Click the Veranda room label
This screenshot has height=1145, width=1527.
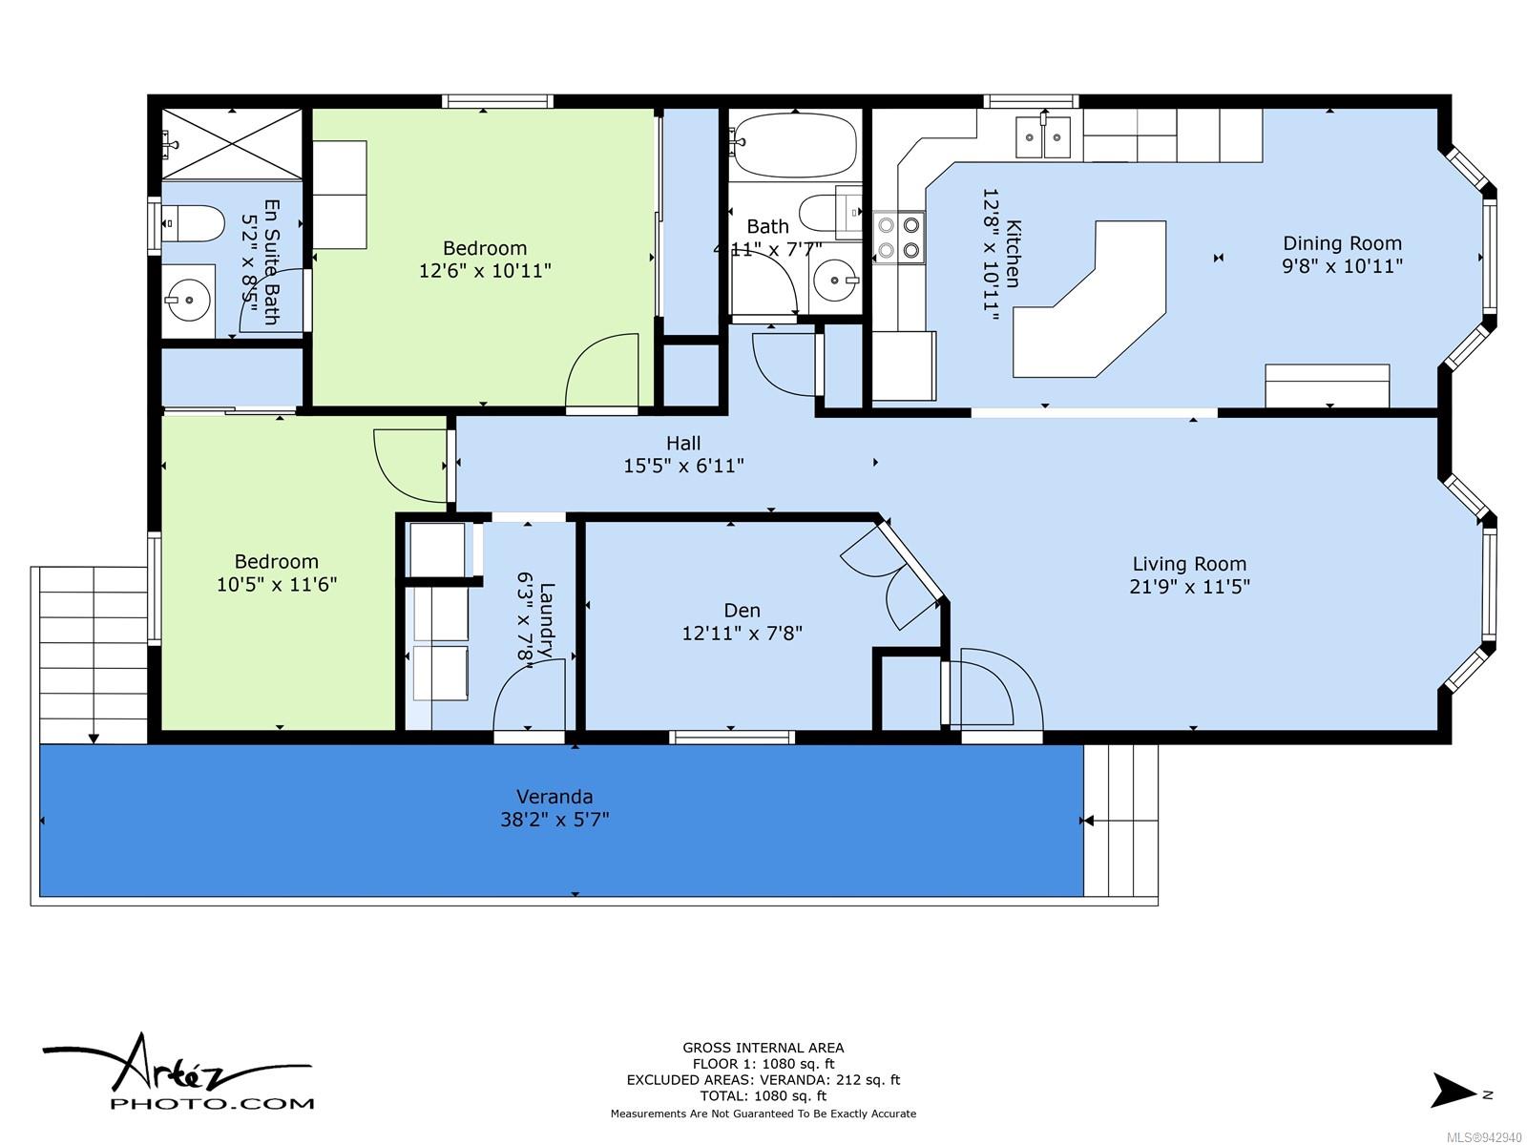(554, 796)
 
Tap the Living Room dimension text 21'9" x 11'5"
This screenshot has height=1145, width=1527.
(1189, 586)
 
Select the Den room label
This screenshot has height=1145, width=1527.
(742, 611)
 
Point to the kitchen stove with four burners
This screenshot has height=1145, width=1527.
(899, 237)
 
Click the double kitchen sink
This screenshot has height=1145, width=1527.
(1042, 137)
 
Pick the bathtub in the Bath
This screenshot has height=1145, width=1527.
(795, 145)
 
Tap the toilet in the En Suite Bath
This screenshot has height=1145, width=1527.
(194, 223)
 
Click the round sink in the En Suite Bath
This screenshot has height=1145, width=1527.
(189, 300)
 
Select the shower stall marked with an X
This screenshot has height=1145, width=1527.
(232, 144)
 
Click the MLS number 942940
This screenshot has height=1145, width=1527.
(1485, 1137)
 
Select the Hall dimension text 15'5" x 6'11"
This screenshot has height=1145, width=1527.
(683, 465)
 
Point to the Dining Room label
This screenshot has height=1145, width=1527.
(1342, 243)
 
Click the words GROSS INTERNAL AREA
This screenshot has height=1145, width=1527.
(763, 1048)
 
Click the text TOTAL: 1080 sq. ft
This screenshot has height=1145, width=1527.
(763, 1095)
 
